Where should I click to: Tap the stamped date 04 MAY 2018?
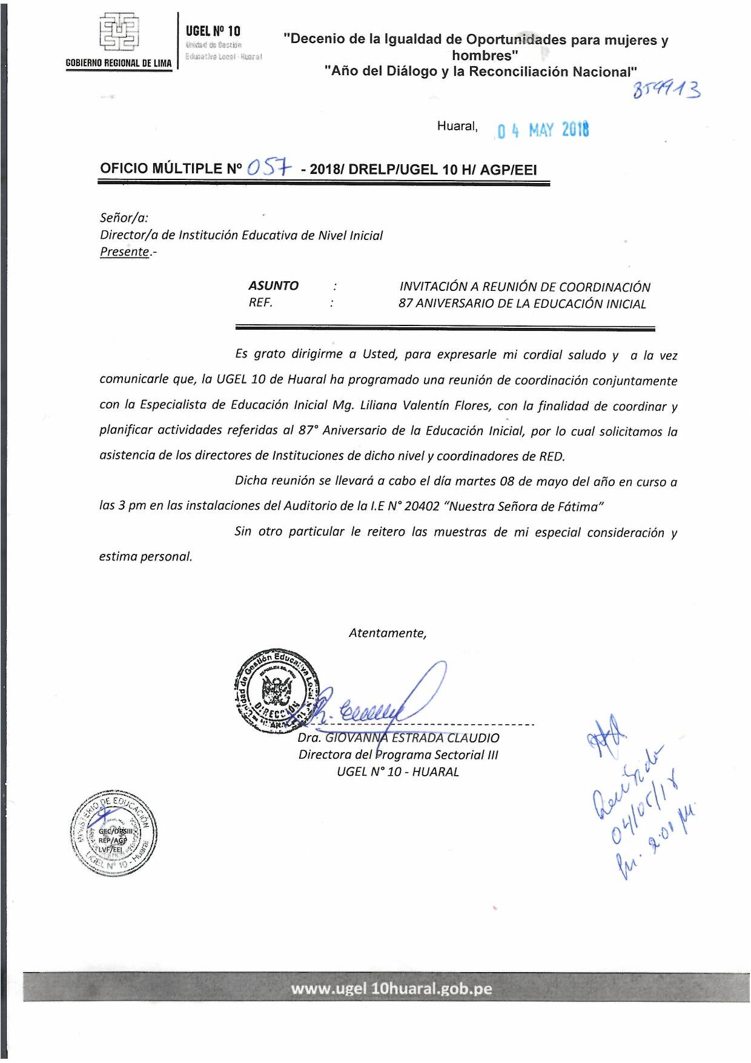[x=543, y=130]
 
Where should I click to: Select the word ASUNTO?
[x=273, y=285]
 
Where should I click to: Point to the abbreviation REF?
[x=260, y=302]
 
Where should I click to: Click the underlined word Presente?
[x=124, y=252]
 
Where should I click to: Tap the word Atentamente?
[x=388, y=633]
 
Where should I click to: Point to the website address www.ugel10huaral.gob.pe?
[x=391, y=988]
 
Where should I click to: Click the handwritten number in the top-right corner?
[x=666, y=90]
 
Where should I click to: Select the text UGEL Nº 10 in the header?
[x=213, y=30]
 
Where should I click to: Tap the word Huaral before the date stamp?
[x=457, y=126]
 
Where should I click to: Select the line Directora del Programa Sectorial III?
[x=398, y=755]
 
